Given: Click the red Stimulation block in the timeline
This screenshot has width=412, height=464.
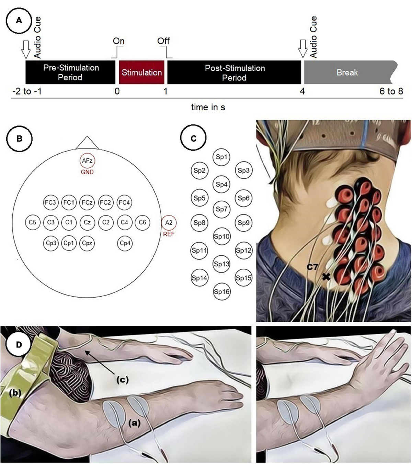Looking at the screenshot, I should point(141,73).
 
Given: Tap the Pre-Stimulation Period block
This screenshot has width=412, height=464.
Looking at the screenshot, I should point(70,73).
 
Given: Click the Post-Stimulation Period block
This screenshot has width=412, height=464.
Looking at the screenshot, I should point(234,73).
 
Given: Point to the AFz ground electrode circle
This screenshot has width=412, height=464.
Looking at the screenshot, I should point(87,160).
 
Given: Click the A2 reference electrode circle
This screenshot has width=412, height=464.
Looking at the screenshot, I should point(169,222).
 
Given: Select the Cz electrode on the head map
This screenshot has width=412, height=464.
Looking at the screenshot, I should point(87,222).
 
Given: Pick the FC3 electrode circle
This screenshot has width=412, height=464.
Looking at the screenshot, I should point(50,202).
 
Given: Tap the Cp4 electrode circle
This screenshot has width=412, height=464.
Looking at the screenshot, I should point(125,243).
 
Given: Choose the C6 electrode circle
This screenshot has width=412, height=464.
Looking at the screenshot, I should point(142,222).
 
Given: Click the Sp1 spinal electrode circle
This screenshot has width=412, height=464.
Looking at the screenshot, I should point(221,157).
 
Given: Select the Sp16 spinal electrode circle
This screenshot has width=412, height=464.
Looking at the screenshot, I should point(221,292).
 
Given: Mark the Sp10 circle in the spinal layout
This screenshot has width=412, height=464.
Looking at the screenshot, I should point(221,236).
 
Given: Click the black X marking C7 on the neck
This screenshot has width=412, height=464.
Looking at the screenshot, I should point(326,276).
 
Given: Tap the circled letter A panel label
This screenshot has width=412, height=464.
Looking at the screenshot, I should point(19,21).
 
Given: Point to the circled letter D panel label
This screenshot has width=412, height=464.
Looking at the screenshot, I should point(19,344).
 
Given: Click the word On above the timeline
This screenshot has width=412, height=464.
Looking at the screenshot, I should point(118,41).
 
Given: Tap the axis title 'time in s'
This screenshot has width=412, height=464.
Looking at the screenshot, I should point(208,107).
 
